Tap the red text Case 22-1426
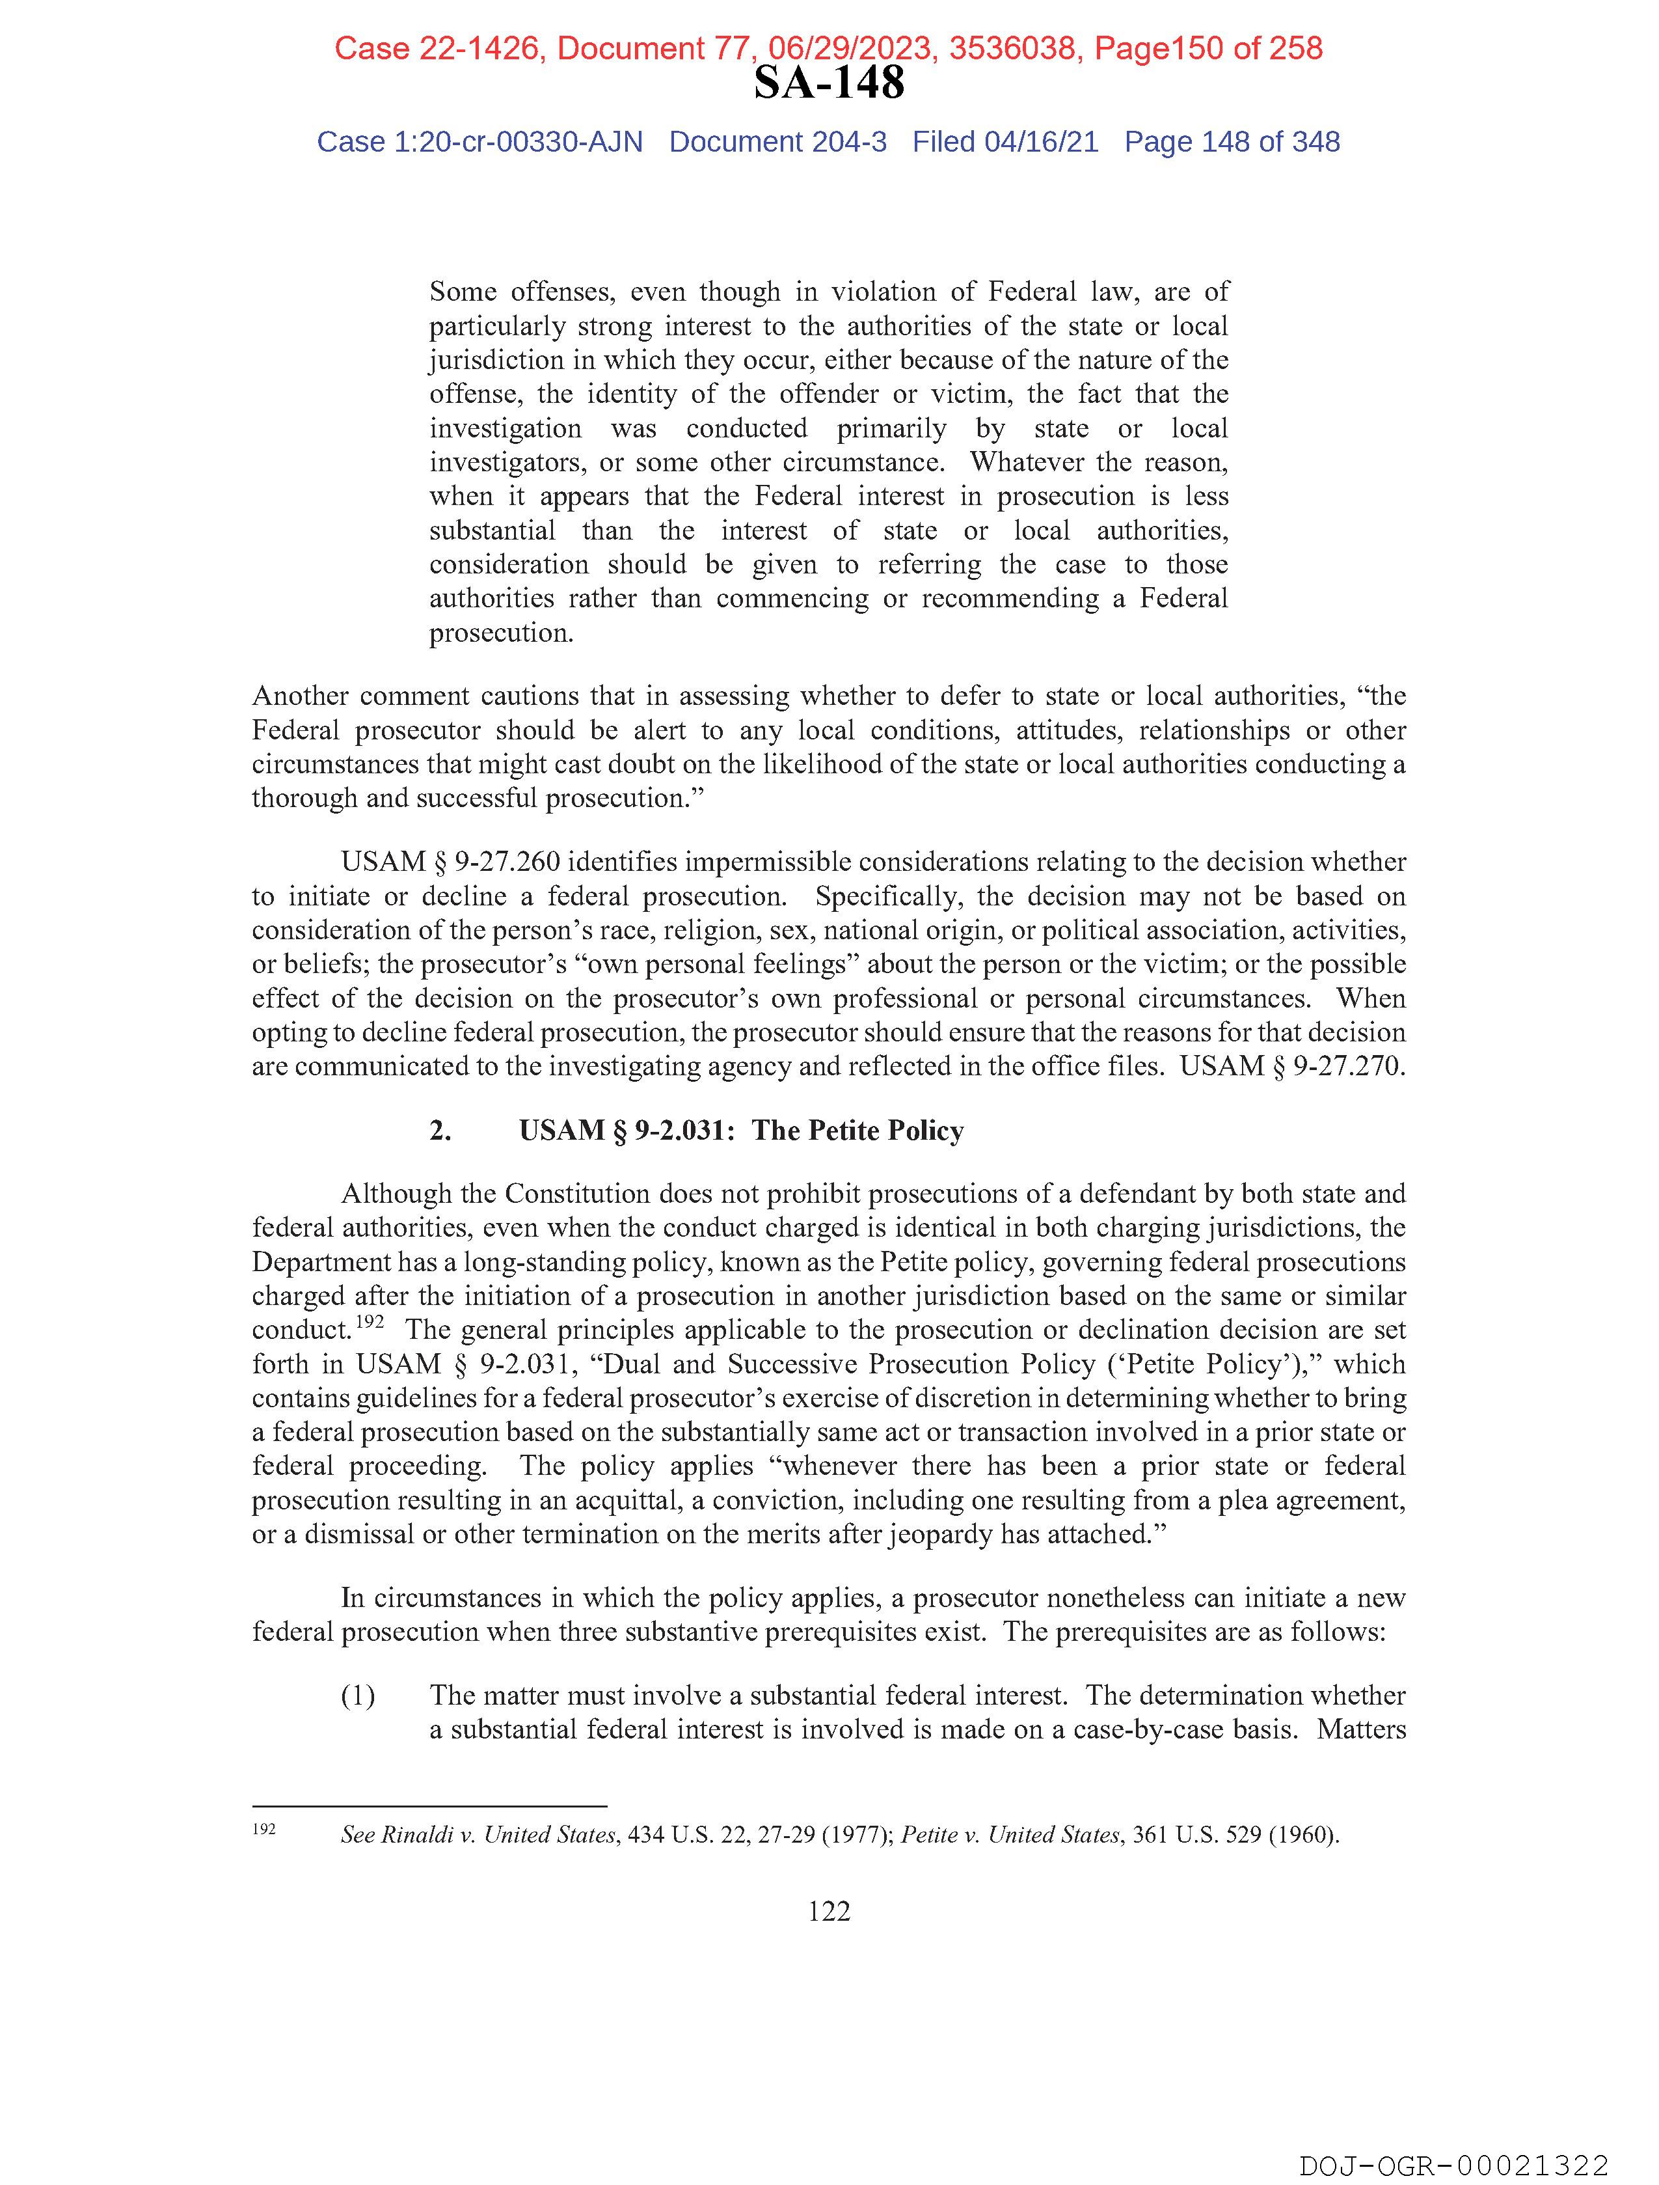[437, 48]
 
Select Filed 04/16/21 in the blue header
[1005, 143]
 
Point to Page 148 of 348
[1232, 143]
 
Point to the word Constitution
[574, 1194]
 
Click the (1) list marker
[357, 1696]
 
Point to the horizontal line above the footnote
[429, 1806]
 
